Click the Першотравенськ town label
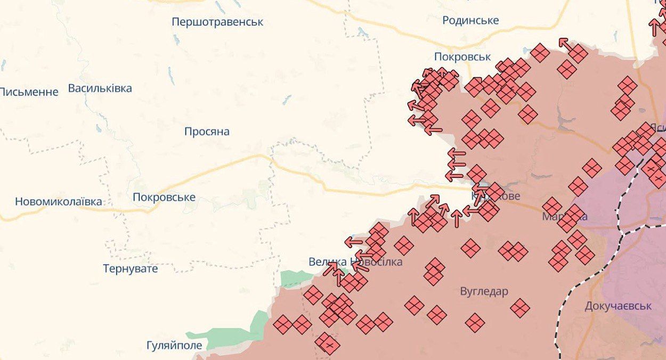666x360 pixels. pyautogui.click(x=217, y=22)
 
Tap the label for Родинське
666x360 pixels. pyautogui.click(x=470, y=20)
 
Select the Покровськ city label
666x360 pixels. pyautogui.click(x=462, y=57)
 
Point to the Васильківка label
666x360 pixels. pyautogui.click(x=100, y=88)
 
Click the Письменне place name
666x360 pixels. pyautogui.click(x=29, y=92)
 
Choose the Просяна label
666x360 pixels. pyautogui.click(x=207, y=132)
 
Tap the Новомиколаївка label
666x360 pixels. pyautogui.click(x=58, y=202)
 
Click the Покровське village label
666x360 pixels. pyautogui.click(x=164, y=198)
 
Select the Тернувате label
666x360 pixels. pyautogui.click(x=131, y=268)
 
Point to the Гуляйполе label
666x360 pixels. pyautogui.click(x=174, y=346)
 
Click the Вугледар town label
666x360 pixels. pyautogui.click(x=484, y=292)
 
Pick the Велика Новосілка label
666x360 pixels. pyautogui.click(x=355, y=262)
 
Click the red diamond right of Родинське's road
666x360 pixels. pyautogui.click(x=540, y=53)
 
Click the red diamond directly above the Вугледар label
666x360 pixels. pyautogui.click(x=470, y=248)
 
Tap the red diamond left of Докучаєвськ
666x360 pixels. pyautogui.click(x=519, y=307)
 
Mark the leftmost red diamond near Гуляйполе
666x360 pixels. pyautogui.click(x=282, y=324)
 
